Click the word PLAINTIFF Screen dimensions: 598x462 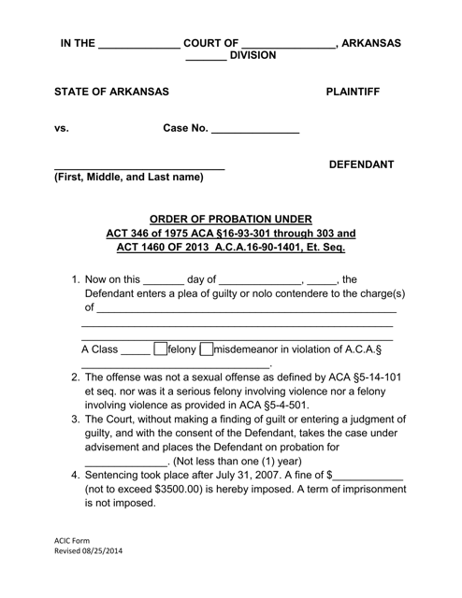363,93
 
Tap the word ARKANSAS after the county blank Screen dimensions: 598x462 371,43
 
